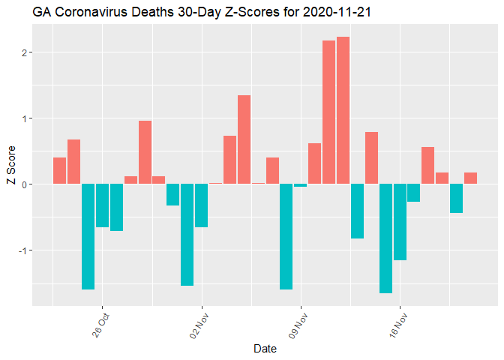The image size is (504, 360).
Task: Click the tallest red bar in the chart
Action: pos(343,110)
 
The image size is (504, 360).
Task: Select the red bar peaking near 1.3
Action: pos(244,139)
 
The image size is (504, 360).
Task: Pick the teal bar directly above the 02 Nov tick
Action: pos(201,205)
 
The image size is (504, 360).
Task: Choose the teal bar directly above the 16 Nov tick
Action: pos(400,221)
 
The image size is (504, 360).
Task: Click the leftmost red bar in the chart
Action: pos(59,170)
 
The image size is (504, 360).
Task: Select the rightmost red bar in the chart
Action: pos(470,178)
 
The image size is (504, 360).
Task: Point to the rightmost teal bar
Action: pos(456,198)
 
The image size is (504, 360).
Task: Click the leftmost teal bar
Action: pos(88,236)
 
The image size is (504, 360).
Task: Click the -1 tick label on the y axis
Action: pos(23,250)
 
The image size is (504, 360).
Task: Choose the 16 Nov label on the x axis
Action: pos(397,325)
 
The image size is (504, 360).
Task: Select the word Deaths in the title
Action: pos(154,13)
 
